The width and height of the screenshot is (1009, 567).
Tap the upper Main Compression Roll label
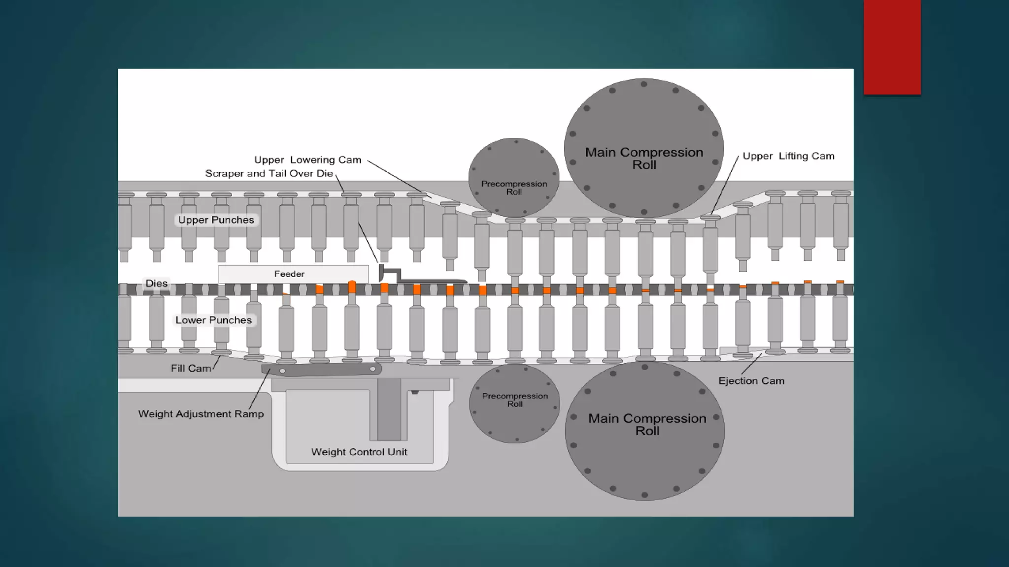(644, 158)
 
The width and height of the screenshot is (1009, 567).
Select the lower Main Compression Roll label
(647, 424)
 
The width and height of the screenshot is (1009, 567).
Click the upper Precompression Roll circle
(513, 167)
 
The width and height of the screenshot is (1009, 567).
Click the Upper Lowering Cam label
(307, 160)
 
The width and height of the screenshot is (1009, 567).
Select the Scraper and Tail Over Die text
(269, 174)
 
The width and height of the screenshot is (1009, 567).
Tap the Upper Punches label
(216, 220)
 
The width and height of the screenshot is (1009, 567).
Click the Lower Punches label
(213, 320)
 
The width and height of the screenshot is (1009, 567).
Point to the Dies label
(157, 283)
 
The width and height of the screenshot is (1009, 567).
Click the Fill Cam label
(191, 368)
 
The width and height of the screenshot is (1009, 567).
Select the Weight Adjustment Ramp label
(201, 414)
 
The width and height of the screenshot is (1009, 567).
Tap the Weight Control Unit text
(359, 452)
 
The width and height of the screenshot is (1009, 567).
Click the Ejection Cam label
(751, 380)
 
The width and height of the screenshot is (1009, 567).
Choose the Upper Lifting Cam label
(788, 156)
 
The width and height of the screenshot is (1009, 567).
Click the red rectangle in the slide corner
(892, 47)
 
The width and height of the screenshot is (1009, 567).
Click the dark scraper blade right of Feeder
(424, 279)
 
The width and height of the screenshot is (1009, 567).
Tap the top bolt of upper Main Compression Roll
(644, 84)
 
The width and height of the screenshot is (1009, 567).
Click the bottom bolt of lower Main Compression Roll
(644, 495)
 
